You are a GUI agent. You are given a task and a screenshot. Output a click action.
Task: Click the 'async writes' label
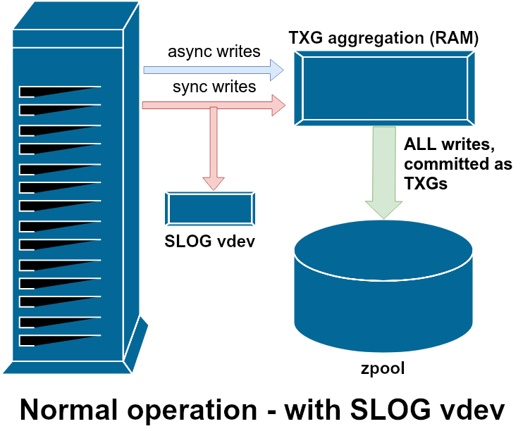click(x=214, y=51)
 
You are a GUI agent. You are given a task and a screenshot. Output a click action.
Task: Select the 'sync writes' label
click(x=214, y=87)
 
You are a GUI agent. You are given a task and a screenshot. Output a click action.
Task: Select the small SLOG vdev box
click(x=209, y=209)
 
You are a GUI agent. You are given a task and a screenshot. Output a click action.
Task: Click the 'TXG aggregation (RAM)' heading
click(x=383, y=38)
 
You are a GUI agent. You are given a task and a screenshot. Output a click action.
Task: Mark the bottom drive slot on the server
click(x=59, y=340)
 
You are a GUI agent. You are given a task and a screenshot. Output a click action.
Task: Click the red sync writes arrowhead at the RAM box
click(x=279, y=106)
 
